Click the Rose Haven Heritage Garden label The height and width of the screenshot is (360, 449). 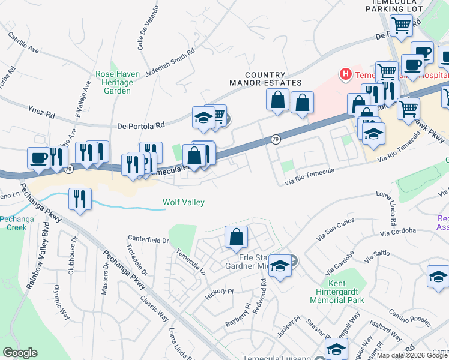(x=118, y=82)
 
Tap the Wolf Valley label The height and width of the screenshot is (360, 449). (x=184, y=203)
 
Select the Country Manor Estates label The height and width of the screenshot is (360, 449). (x=265, y=78)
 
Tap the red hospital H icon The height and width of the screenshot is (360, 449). (x=345, y=74)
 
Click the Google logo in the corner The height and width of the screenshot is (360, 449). (x=20, y=353)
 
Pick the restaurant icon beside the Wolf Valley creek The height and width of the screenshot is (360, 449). (x=80, y=198)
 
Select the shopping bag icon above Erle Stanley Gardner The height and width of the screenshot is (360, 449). (x=237, y=236)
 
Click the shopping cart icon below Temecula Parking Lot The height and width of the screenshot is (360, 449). (x=400, y=25)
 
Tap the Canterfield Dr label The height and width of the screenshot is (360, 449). (x=152, y=241)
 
